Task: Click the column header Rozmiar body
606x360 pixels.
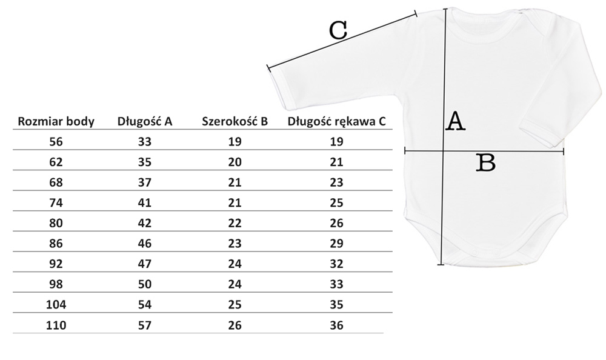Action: coord(56,121)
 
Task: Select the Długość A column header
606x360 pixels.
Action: coord(145,121)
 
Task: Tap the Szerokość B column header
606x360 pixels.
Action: coord(235,121)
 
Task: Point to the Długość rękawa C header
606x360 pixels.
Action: coord(336,121)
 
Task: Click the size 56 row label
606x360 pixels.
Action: coord(56,142)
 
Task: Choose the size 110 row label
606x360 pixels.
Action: coord(56,325)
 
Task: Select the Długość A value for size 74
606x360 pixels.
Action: coord(145,203)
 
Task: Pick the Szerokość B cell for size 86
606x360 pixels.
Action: coord(235,244)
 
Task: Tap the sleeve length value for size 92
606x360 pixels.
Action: coord(337,264)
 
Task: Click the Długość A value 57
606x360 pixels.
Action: coord(145,325)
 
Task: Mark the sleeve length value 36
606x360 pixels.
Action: coord(337,325)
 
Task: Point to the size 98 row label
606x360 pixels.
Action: coord(56,285)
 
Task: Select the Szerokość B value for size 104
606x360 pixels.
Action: coord(235,305)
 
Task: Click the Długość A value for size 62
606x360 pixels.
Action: coord(145,162)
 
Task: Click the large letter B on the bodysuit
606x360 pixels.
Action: coord(486,162)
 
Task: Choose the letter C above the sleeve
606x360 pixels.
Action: coord(338,30)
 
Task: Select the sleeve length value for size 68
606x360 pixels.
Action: coord(337,182)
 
